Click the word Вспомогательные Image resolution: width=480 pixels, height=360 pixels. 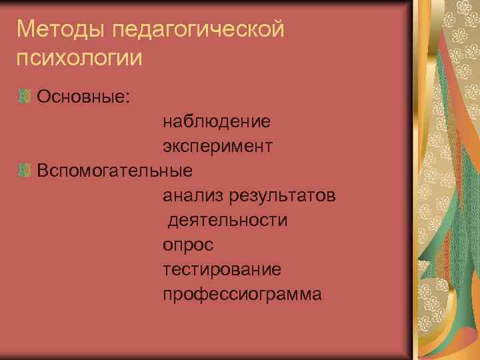pos(115,171)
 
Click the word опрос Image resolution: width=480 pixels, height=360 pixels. pos(188,245)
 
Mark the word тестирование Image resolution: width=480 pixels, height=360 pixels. pos(221,269)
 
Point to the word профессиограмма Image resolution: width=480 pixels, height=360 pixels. pos(242,294)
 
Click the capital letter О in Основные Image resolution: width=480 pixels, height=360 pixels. pos(45,97)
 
